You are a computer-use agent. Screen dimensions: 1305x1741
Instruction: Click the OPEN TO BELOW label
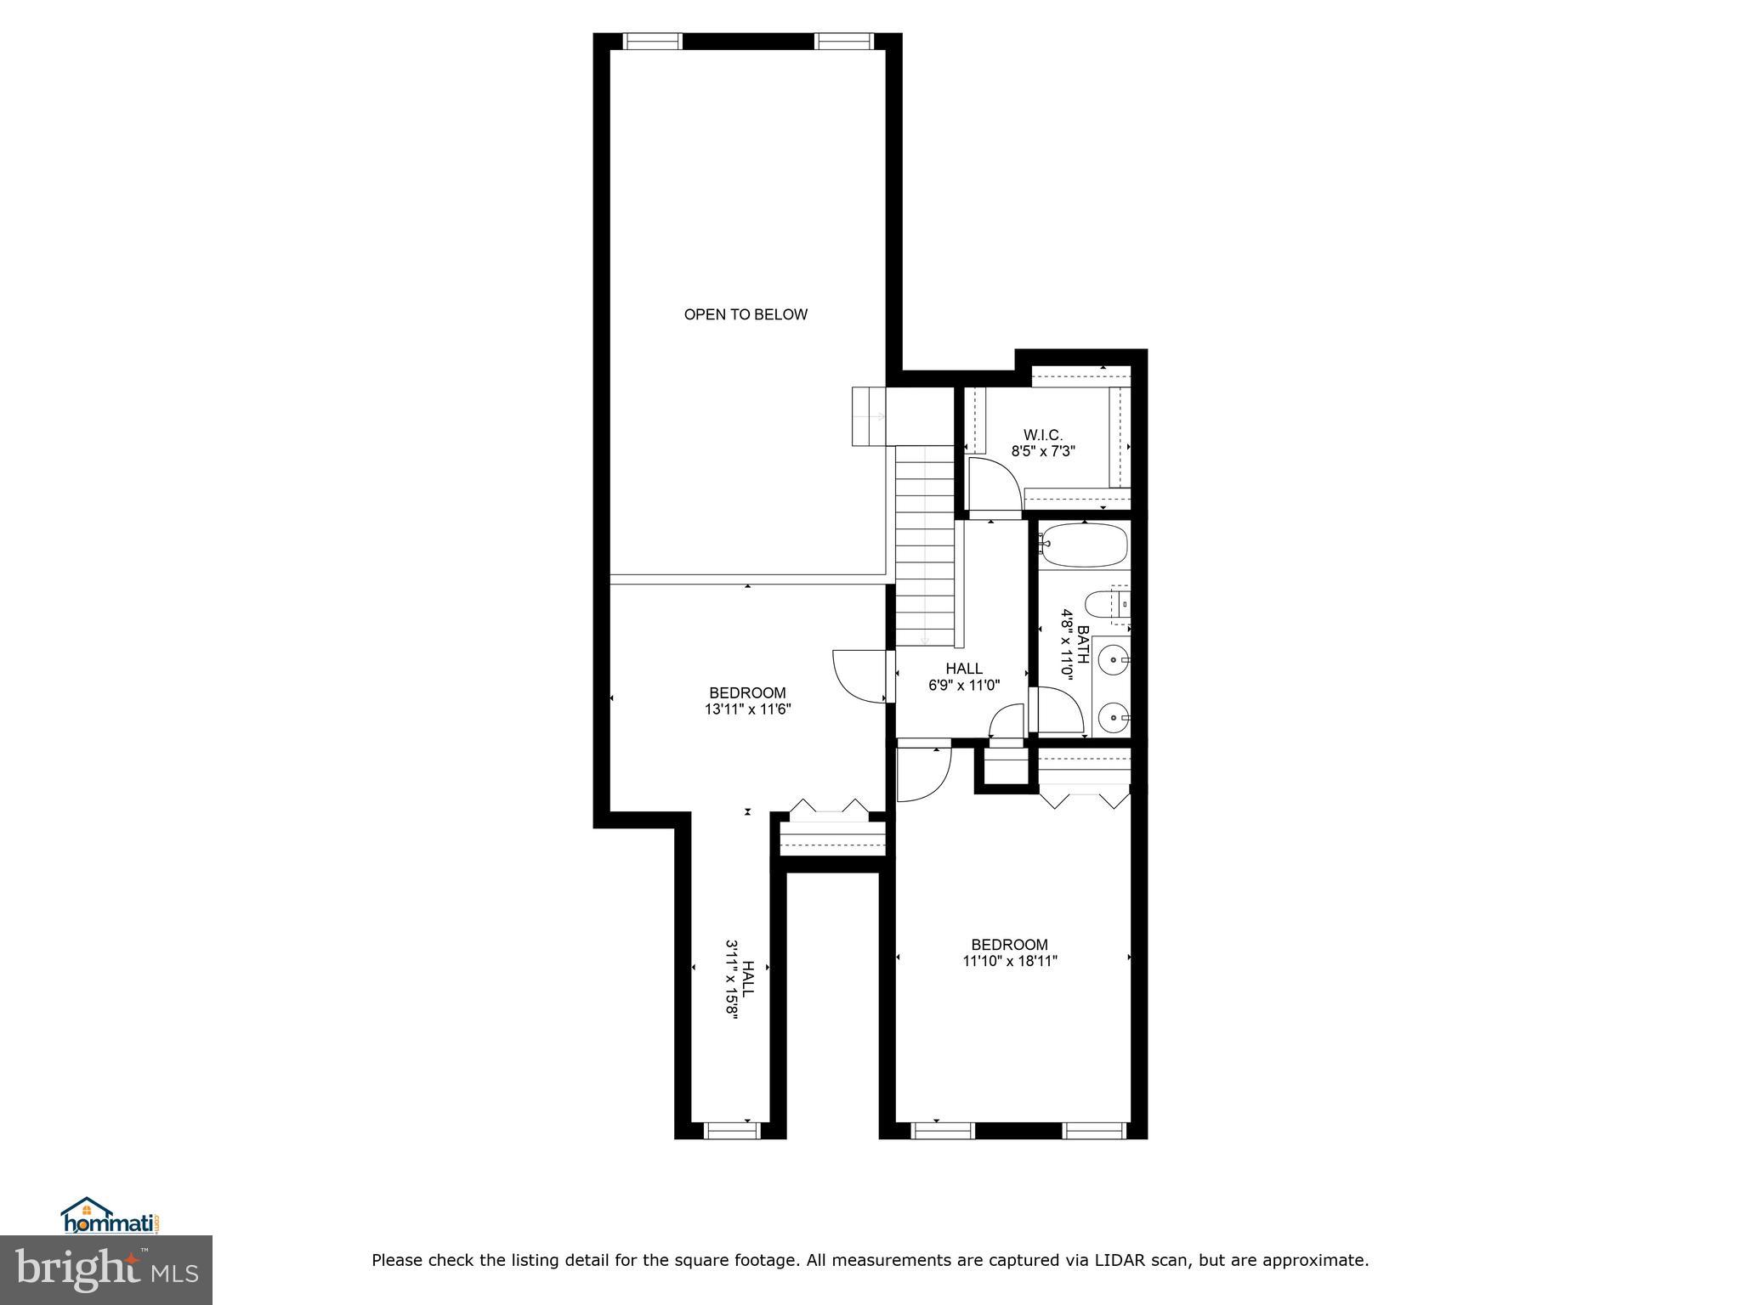(x=746, y=314)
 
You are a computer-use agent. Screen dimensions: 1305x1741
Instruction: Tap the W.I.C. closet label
(x=1042, y=435)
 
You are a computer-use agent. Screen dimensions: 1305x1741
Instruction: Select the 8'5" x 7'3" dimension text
(x=1043, y=452)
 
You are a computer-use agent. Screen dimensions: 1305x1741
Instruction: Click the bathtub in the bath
(x=1084, y=545)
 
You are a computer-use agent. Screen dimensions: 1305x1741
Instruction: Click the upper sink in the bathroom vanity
(x=1113, y=658)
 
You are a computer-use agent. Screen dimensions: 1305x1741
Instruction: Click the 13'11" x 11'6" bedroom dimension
(x=747, y=709)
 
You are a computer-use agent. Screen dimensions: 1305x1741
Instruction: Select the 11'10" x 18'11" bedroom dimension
(x=1009, y=961)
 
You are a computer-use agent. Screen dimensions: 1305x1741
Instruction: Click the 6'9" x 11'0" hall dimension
(x=963, y=685)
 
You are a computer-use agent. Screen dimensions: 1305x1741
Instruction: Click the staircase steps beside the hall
(x=926, y=544)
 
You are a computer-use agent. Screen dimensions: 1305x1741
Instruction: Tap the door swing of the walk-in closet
(x=994, y=485)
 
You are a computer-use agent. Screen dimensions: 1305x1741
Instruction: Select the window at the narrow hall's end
(x=731, y=1130)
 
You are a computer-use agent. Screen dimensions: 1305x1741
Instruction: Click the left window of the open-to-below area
(x=653, y=41)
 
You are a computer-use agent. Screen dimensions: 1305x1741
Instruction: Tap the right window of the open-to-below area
(x=844, y=41)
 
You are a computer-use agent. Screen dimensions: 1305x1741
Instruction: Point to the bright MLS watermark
(x=106, y=1269)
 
